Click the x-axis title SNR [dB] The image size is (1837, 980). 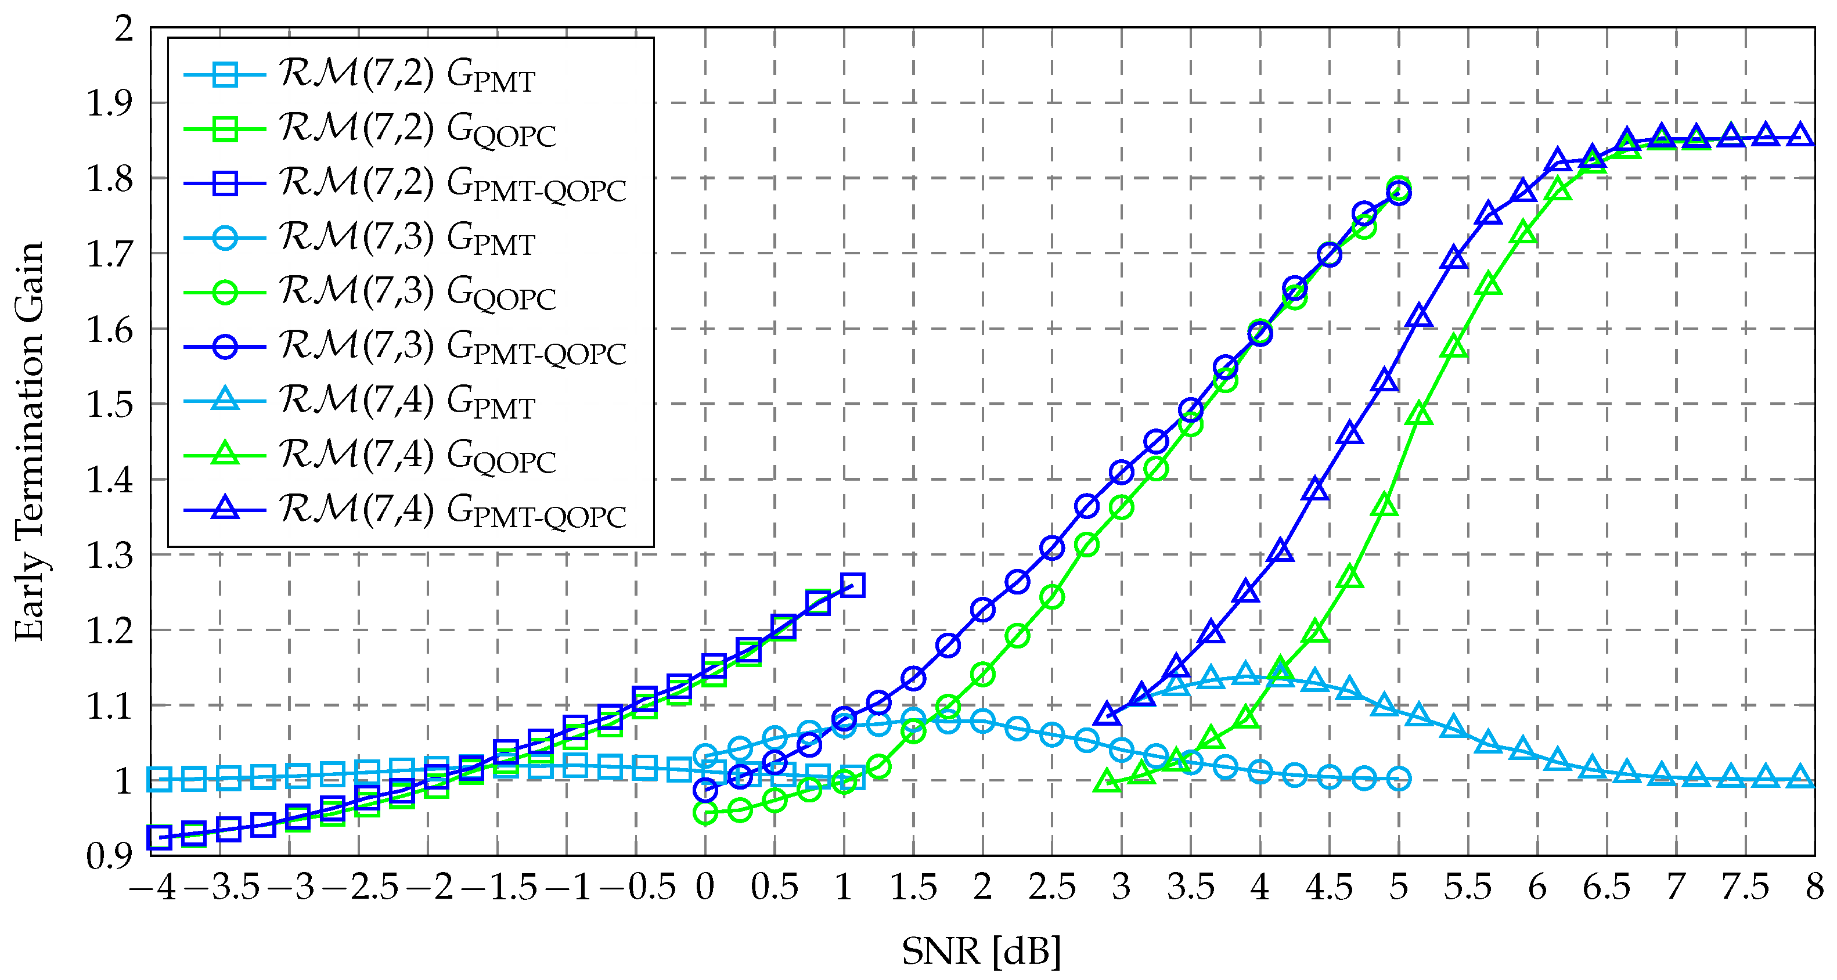(981, 952)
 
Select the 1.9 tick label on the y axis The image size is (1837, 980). (109, 103)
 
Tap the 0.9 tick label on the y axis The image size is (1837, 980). (109, 856)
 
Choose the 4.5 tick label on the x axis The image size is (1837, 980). (1328, 889)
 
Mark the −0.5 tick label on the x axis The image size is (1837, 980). (636, 889)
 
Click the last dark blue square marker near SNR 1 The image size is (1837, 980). (853, 586)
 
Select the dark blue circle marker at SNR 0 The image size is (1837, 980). (705, 790)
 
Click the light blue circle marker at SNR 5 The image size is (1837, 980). (1399, 778)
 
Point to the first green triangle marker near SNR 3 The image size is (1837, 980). (1107, 781)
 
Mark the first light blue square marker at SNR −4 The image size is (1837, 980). (159, 780)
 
